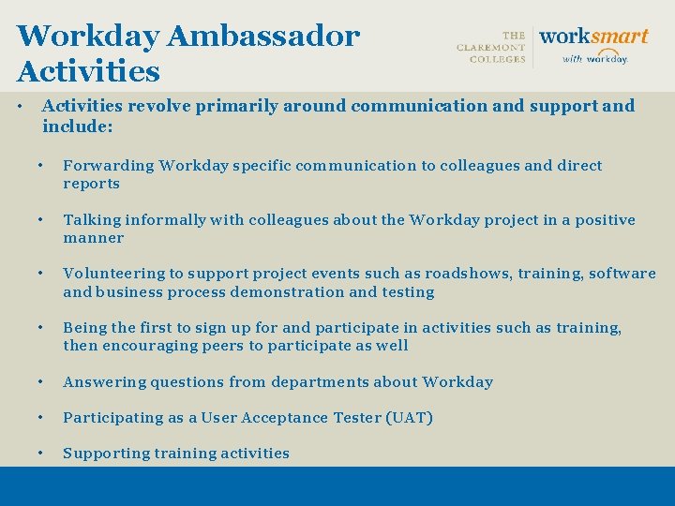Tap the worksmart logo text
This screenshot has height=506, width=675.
[x=593, y=37]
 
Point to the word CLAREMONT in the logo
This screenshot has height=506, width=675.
[x=491, y=48]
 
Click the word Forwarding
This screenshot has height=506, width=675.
[x=108, y=166]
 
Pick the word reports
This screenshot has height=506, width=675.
[x=91, y=184]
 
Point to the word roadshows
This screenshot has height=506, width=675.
[x=468, y=274]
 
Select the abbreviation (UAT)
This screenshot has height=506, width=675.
[x=409, y=417]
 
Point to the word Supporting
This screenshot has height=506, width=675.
[x=107, y=454]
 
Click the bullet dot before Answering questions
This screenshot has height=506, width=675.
[x=42, y=381]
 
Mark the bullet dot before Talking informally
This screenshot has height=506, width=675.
[x=42, y=220]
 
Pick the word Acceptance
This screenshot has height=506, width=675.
[x=283, y=417]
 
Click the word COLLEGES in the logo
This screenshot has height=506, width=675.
[x=498, y=60]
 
